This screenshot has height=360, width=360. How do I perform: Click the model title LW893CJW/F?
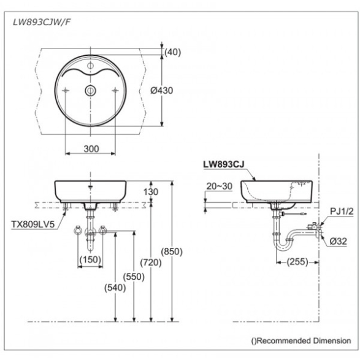[42, 22]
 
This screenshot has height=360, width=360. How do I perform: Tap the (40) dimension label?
[173, 52]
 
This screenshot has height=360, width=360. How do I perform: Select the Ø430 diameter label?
[162, 90]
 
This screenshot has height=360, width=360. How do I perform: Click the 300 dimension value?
[91, 149]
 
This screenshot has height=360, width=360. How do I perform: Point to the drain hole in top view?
[90, 91]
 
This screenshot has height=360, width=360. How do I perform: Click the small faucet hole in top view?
[90, 66]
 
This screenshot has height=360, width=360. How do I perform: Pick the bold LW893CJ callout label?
[224, 164]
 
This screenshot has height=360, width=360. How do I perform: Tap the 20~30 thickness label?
[220, 186]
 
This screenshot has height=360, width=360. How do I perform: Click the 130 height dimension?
[151, 192]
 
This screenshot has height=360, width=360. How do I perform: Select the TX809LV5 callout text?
[33, 224]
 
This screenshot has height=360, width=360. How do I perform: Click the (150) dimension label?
[90, 259]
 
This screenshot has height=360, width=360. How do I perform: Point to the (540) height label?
[115, 288]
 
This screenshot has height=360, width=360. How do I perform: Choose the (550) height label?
[134, 277]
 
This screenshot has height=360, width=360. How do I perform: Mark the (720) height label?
[151, 262]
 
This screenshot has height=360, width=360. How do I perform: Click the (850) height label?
[172, 251]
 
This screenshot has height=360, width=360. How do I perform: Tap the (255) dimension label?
[297, 262]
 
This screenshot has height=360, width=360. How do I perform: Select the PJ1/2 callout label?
[342, 212]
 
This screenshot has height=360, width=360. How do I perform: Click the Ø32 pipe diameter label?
[338, 241]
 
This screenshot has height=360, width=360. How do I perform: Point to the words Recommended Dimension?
[304, 341]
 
